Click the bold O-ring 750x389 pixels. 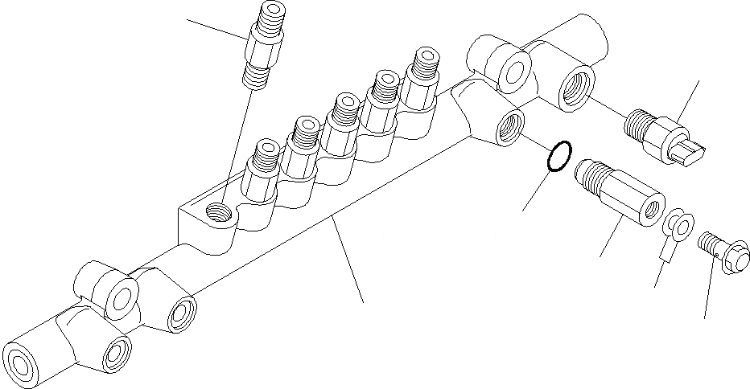(x=559, y=157)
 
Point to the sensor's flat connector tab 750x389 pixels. (x=690, y=150)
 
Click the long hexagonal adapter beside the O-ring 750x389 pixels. (x=620, y=190)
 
